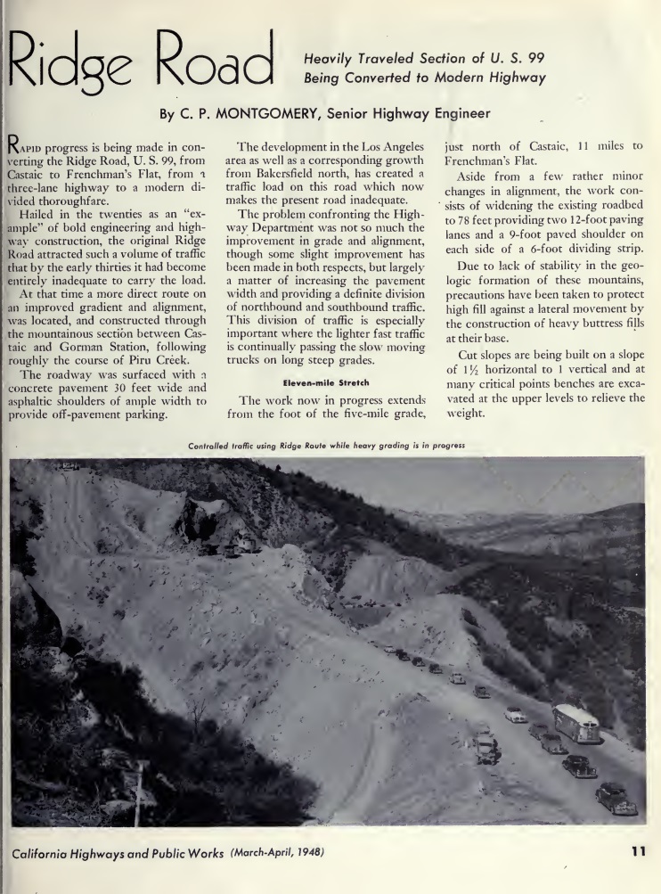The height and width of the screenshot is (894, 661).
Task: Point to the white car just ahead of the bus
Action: click(515, 715)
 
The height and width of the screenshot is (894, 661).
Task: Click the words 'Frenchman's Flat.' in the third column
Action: click(485, 161)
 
